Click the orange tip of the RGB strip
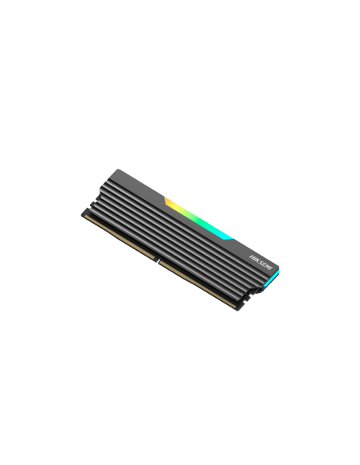tap(168, 199)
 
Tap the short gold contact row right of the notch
tap(195, 283)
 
